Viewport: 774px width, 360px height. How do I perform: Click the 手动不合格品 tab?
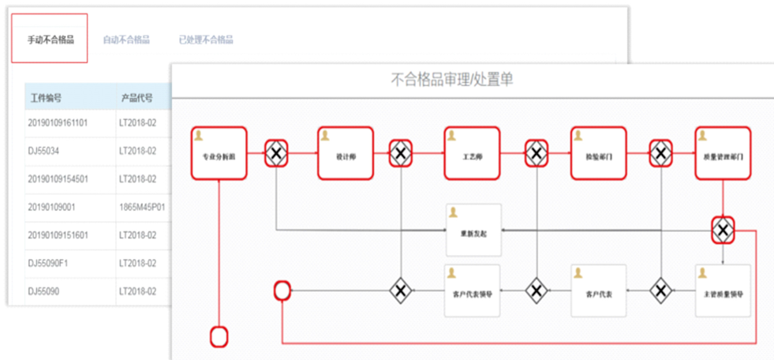(x=50, y=39)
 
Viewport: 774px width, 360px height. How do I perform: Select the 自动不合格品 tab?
(x=125, y=39)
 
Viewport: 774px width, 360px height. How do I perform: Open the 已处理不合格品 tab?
(x=205, y=39)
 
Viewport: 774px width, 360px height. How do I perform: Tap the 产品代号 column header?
(x=136, y=98)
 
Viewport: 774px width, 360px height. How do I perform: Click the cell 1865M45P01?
(x=142, y=207)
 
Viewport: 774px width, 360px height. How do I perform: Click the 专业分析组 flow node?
(x=219, y=153)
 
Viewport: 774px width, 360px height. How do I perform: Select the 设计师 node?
(x=346, y=153)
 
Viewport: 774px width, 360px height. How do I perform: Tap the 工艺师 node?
(x=472, y=153)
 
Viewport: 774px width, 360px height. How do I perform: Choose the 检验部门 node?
(x=598, y=153)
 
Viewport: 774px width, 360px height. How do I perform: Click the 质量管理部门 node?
(x=723, y=153)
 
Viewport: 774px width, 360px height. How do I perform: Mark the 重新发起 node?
(x=473, y=231)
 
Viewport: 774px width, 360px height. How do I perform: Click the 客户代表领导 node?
(x=473, y=291)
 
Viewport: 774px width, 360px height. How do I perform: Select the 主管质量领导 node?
(x=723, y=291)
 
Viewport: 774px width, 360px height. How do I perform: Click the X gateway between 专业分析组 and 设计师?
(x=275, y=152)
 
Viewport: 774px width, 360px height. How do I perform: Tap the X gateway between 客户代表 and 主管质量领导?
(x=660, y=291)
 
